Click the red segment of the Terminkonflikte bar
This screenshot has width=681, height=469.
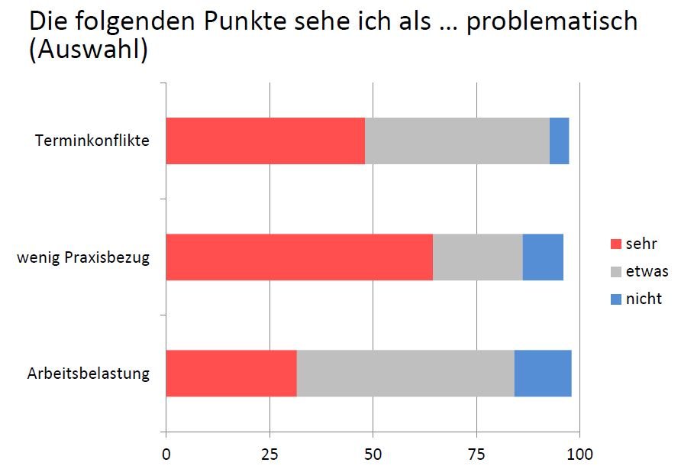click(x=265, y=141)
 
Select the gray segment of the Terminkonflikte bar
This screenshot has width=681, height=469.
click(x=457, y=141)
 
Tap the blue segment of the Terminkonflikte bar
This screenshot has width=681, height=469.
click(x=559, y=141)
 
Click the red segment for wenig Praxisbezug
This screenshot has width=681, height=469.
click(x=299, y=257)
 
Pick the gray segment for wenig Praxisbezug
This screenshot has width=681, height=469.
click(x=477, y=257)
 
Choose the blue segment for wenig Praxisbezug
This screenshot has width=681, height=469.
click(x=543, y=257)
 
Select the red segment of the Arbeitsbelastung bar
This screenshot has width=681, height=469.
click(x=231, y=373)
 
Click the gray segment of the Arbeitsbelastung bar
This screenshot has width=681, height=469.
click(x=405, y=373)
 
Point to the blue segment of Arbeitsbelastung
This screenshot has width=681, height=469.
click(x=543, y=373)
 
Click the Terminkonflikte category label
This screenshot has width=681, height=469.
click(x=92, y=141)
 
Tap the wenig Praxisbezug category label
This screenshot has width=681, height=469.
click(x=83, y=257)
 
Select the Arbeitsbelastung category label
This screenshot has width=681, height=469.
click(x=89, y=374)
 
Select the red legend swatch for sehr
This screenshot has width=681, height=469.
click(x=616, y=244)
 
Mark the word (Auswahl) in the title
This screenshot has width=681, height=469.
click(x=88, y=52)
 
